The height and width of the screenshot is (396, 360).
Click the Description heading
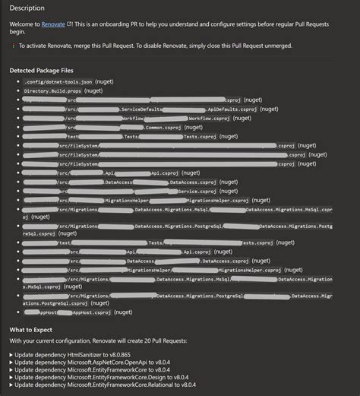27,8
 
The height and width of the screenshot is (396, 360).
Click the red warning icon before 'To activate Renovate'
13,46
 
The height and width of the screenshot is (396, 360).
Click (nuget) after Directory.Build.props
94,90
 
